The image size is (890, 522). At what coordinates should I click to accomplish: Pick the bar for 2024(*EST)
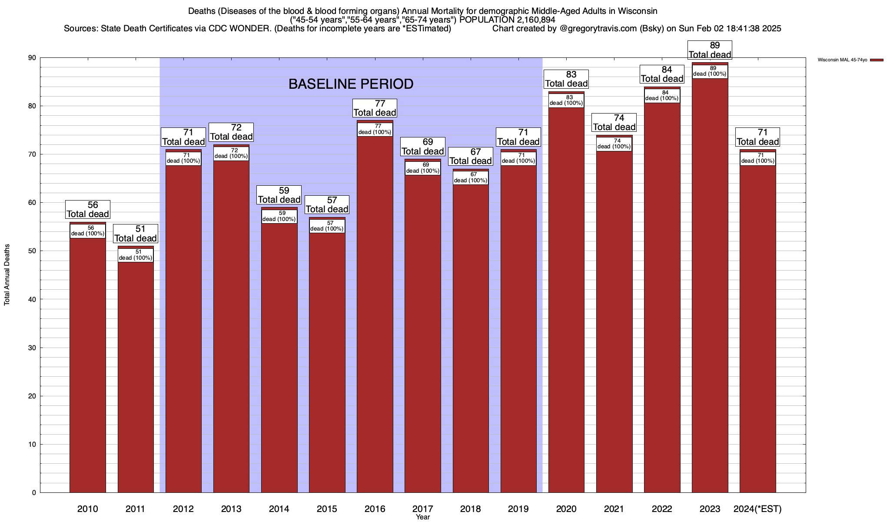[x=757, y=326]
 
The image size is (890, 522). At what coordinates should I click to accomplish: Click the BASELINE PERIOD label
[x=351, y=84]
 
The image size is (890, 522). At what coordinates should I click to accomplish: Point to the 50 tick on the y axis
[x=33, y=251]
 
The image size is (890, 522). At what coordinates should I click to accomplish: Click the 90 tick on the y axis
[x=33, y=58]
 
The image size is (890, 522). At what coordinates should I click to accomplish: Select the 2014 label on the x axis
[x=279, y=509]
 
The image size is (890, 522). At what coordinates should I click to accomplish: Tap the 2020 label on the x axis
[x=566, y=509]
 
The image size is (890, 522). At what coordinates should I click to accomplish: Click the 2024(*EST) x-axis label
[x=757, y=509]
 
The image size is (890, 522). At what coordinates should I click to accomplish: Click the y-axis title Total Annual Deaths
[x=7, y=274]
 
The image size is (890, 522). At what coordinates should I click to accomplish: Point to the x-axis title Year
[x=422, y=517]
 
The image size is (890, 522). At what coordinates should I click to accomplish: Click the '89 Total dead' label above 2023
[x=710, y=50]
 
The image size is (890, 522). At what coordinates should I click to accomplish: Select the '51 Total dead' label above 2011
[x=136, y=234]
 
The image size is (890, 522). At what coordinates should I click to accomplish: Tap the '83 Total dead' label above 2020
[x=566, y=79]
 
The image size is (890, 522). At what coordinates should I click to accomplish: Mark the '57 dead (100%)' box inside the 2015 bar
[x=327, y=226]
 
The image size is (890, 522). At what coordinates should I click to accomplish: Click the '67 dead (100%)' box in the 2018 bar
[x=471, y=178]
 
